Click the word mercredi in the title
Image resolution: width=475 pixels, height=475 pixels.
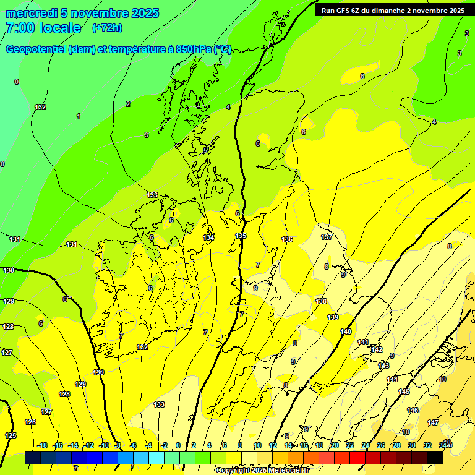coord(29,13)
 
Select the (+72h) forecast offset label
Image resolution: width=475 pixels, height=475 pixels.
coord(107,28)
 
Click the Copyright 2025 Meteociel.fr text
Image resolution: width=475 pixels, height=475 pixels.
coord(262,470)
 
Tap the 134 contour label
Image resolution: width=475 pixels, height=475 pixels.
coord(208,237)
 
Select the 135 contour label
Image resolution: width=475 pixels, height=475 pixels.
coord(241,236)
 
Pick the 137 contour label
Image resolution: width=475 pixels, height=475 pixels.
coord(327,237)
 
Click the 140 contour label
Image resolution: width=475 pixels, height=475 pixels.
coord(346,332)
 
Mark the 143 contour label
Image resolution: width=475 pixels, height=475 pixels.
coord(383,366)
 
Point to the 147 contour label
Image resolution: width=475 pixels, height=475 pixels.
coord(433,422)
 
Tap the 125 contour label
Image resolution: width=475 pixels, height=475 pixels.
coord(11,435)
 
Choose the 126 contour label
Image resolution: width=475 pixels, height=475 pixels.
coord(30,422)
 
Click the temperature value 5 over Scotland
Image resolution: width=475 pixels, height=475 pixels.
coord(205,150)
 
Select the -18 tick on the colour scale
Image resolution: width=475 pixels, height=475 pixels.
coord(42,445)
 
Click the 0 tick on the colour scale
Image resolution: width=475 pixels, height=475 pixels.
coord(178,445)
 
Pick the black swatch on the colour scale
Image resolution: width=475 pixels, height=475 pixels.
coord(435,458)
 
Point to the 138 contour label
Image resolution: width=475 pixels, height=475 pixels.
coord(321,301)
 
